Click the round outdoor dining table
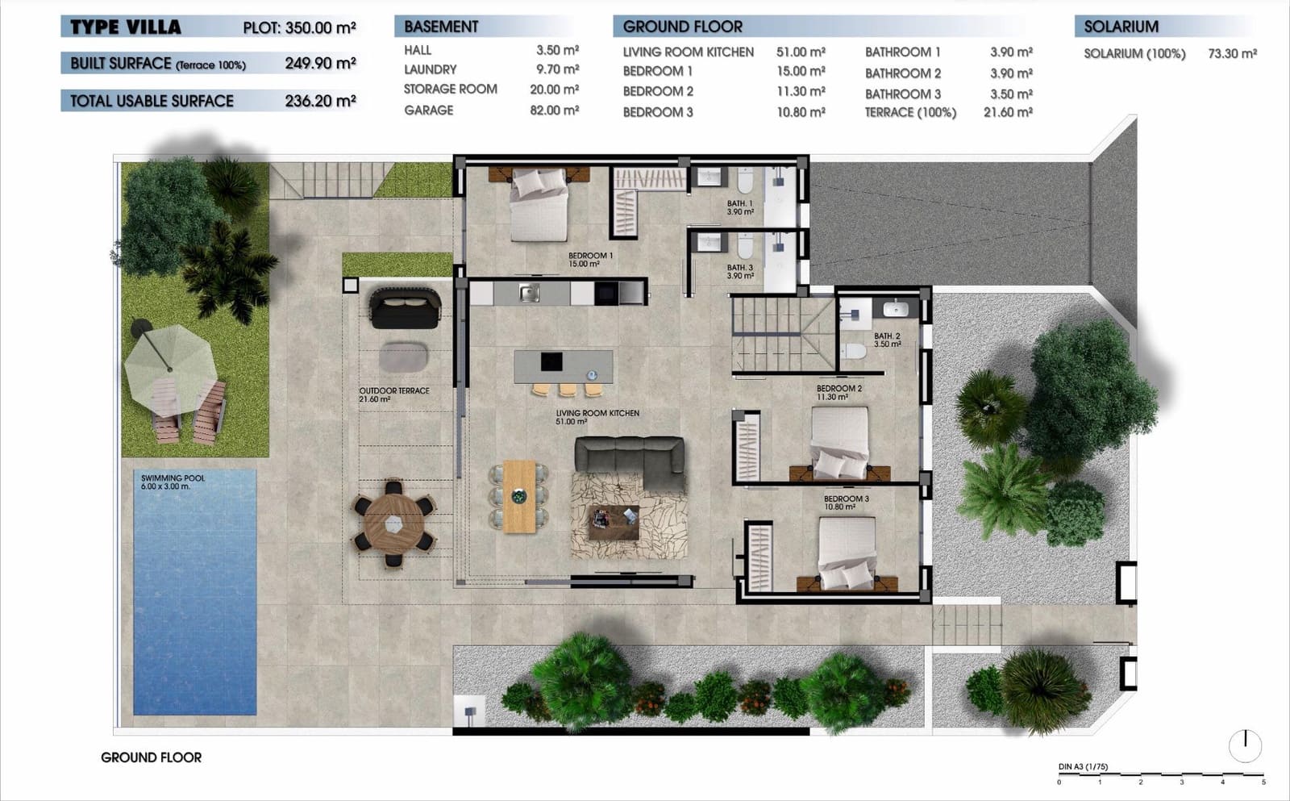click(393, 524)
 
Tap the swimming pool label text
click(173, 482)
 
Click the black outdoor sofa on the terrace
click(405, 308)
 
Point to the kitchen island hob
click(551, 361)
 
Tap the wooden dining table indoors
click(519, 496)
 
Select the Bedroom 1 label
click(590, 259)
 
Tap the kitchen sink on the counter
click(529, 292)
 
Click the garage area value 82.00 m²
click(554, 110)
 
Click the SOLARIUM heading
click(1121, 27)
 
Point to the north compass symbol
click(1245, 745)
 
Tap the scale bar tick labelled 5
click(1263, 781)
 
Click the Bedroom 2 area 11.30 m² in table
click(801, 91)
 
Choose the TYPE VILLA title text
click(125, 27)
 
